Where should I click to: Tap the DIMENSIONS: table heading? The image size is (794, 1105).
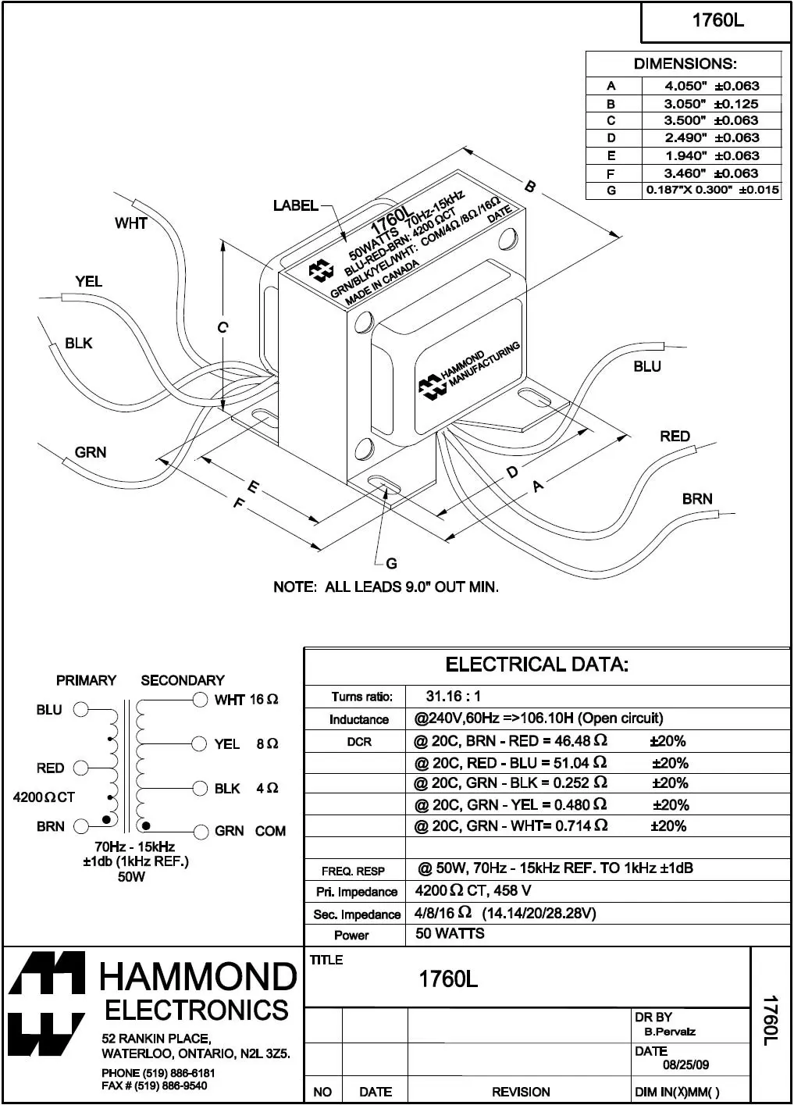684,64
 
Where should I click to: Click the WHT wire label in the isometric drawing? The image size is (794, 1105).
131,223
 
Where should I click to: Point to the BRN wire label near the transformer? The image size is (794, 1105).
697,498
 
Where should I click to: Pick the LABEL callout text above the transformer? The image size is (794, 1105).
296,205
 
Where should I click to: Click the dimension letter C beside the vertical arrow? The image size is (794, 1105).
223,328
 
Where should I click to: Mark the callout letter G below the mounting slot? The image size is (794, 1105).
391,563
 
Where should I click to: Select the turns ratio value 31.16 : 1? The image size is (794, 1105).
454,696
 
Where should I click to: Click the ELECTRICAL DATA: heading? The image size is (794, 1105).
537,665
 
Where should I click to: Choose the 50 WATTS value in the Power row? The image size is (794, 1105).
450,934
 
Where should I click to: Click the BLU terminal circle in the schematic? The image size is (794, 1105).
80,710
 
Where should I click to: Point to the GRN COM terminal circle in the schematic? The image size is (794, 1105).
201,832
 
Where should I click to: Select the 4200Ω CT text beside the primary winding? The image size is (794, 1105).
44,797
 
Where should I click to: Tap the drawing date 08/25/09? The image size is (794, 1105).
685,1065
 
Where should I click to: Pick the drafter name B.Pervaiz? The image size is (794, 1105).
670,1032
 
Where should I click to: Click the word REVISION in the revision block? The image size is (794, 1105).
521,1092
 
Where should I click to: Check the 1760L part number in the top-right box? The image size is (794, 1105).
717,20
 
